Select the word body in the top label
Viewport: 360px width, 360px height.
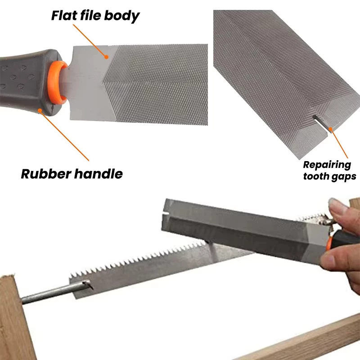122,16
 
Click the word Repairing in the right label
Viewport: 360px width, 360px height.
327,165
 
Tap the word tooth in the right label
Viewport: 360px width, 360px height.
314,176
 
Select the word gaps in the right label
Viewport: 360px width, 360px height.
342,177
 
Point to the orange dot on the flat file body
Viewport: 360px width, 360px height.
106,57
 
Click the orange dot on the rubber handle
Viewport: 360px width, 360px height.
40,111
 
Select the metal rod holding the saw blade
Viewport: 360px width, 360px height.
55,292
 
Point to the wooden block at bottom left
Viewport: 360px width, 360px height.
16,317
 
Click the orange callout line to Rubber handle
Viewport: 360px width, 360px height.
64,136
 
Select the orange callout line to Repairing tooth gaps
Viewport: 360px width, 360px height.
339,143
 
